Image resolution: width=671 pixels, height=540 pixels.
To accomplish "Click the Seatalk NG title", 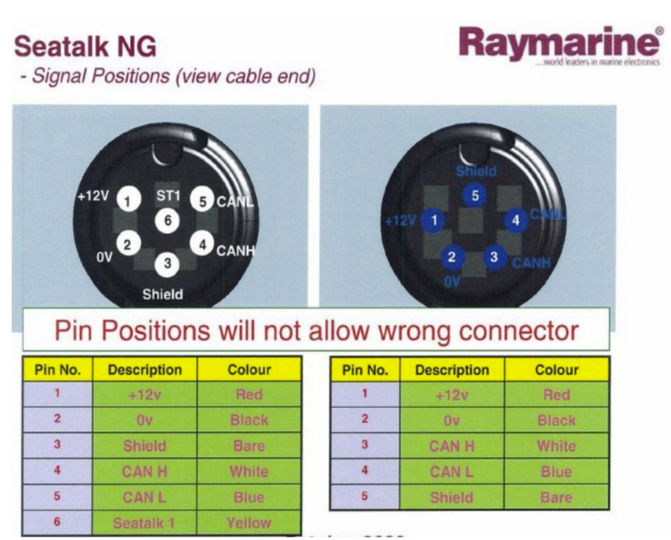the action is coord(85,47).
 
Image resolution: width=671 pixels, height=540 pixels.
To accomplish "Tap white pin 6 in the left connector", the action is coord(167,220).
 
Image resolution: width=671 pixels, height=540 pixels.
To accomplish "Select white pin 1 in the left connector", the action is coord(128,201).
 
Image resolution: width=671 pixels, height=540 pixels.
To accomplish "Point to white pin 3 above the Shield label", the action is coord(167,264).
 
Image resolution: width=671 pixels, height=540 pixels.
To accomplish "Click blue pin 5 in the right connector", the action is coord(475,196).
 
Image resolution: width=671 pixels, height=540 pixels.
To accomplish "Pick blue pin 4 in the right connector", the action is coord(516,221).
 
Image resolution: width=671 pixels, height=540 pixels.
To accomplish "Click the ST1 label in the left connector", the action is coord(168,196).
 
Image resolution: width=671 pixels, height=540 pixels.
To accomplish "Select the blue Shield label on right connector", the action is coord(476,171).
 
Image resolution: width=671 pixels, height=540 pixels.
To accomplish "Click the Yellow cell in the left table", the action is coord(249,522).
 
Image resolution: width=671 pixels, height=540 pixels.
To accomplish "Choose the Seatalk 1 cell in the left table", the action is coord(144,522).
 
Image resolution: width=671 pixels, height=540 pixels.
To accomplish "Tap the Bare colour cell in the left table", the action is coord(249,446).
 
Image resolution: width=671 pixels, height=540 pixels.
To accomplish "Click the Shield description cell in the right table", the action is coord(451,497).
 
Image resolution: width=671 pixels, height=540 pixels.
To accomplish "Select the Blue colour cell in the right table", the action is coord(556,472).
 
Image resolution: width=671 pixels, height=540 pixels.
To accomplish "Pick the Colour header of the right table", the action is coord(556,370).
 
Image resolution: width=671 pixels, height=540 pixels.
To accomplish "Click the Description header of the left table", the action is coord(145,370).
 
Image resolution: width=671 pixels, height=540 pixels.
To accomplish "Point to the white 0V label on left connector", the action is coord(104,257).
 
